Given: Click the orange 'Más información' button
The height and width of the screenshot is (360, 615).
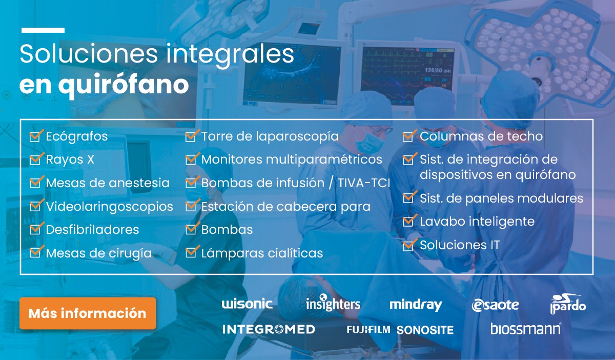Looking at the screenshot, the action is point(88,313).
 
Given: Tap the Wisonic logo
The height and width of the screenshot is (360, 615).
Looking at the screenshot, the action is point(247,304).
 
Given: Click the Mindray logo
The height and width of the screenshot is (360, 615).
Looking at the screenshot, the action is point(416,305).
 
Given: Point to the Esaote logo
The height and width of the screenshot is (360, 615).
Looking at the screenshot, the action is point(495,305).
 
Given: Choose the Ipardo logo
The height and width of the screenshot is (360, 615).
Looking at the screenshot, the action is point(568,304).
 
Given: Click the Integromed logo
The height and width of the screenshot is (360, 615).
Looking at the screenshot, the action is point(269,329).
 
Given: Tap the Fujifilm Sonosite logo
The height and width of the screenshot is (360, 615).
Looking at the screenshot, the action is point(400,330).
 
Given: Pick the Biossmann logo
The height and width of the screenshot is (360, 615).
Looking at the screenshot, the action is point(525,329).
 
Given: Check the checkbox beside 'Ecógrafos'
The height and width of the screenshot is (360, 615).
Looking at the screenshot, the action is point(36,136).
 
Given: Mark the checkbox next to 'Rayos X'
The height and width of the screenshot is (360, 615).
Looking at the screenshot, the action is point(36,159).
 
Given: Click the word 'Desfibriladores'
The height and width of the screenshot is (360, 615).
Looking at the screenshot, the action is point(93,229).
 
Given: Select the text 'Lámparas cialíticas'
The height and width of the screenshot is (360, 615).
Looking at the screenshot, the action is point(262,253).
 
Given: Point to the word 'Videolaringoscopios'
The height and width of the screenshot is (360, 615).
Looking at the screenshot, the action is point(110,207).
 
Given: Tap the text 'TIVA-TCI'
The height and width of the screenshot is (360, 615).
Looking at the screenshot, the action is point(364,183).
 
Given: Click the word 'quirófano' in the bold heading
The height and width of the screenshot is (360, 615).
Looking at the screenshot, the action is point(124,85).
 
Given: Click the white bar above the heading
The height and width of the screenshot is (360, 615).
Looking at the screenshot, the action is point(43,30).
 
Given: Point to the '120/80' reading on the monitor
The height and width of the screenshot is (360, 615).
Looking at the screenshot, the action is point(434,70).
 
